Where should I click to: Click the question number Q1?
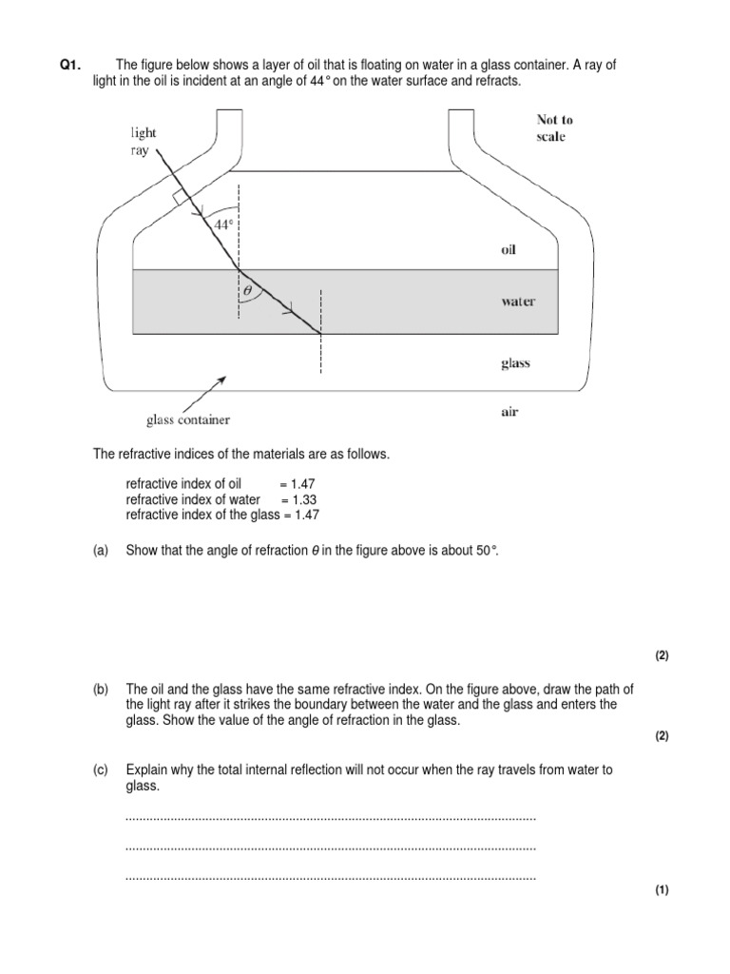coord(70,65)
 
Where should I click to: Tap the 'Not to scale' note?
coord(554,128)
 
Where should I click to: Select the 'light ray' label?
coord(144,142)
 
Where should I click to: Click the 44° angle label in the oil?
coord(222,225)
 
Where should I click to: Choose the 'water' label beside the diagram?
coord(517,302)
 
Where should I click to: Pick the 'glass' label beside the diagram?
coord(514,363)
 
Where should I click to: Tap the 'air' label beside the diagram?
coord(509,413)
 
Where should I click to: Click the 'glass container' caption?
coord(187,419)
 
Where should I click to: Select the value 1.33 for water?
coord(303,499)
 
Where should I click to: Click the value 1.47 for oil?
coord(303,484)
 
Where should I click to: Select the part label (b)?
coord(101,690)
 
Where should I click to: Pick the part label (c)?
coord(101,770)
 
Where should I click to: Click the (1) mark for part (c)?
coord(663,890)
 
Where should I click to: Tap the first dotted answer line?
coord(330,818)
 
